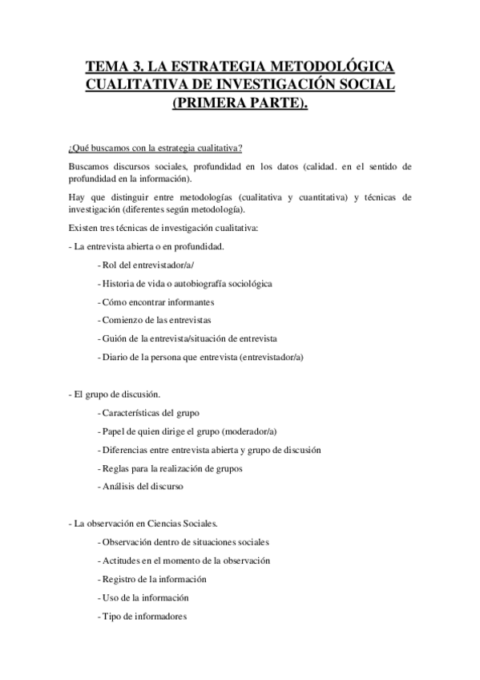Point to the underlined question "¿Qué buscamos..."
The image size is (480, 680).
156,148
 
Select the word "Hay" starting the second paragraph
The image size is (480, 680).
77,196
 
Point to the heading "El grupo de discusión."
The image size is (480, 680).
116,394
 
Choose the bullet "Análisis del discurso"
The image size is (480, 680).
143,486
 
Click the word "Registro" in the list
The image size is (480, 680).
118,578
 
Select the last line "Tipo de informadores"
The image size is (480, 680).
143,615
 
